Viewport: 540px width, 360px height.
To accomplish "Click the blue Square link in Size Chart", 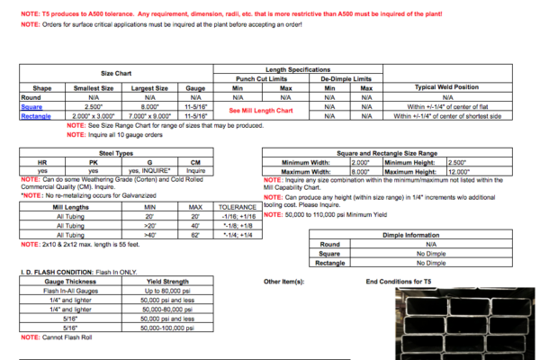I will (x=31, y=106).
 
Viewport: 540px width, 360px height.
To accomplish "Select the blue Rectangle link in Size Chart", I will (x=37, y=115).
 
